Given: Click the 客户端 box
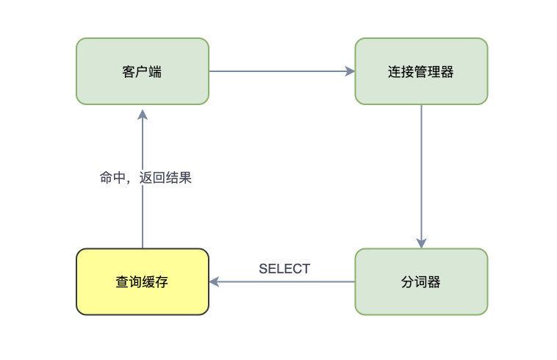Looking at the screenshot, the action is click(x=143, y=71).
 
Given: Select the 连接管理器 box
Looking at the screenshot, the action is click(x=421, y=71).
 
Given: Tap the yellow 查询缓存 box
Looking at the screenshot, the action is click(x=143, y=281).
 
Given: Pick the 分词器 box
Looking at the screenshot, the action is click(x=421, y=281).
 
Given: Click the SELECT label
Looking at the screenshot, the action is click(x=284, y=269).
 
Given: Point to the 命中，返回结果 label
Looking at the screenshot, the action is click(x=145, y=178).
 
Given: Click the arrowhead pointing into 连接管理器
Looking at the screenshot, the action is click(x=350, y=71).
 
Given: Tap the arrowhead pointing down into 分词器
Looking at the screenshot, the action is click(x=421, y=243).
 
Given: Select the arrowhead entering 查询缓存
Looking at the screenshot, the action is click(x=214, y=282).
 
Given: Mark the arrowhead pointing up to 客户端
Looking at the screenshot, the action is click(x=143, y=115).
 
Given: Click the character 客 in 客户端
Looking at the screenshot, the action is click(x=129, y=72).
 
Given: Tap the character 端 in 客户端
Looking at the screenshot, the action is click(x=155, y=72).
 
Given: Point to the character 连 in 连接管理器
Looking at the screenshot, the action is click(x=395, y=72).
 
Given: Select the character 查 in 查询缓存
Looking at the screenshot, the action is click(x=122, y=282).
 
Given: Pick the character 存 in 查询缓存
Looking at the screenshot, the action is click(x=162, y=282).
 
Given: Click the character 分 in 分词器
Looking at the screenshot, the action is click(x=408, y=282).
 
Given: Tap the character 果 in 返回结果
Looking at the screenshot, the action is click(x=185, y=178).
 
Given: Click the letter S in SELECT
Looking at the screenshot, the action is click(x=263, y=269).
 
